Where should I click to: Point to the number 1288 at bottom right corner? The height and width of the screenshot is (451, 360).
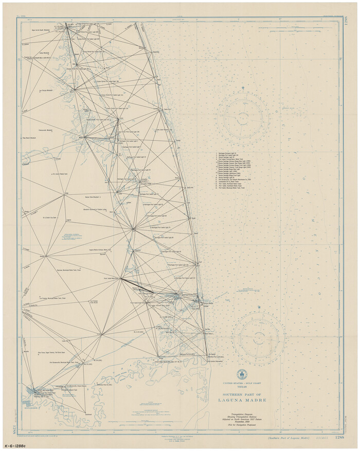[339, 437]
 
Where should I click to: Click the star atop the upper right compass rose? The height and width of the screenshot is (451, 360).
[242, 88]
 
